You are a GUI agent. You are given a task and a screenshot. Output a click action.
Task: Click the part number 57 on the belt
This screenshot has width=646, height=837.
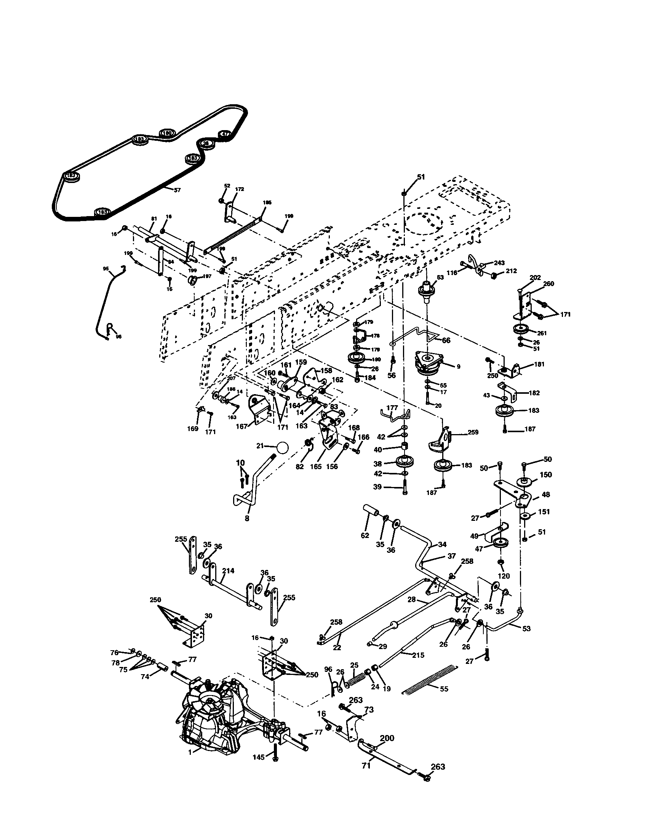click(177, 190)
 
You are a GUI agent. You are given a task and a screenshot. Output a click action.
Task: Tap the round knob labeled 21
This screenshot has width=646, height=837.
click(282, 447)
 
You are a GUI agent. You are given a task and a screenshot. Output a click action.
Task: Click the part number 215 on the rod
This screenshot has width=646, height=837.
click(418, 655)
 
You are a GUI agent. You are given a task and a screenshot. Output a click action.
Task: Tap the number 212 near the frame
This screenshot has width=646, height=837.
click(511, 271)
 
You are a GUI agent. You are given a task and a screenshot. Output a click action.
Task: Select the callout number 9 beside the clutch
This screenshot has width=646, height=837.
click(458, 366)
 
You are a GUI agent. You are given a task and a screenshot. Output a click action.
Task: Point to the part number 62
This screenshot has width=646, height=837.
click(365, 535)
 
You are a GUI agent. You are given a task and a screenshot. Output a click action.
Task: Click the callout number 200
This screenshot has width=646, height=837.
click(387, 738)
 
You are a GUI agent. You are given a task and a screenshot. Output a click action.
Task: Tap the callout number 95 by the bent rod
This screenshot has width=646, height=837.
click(106, 269)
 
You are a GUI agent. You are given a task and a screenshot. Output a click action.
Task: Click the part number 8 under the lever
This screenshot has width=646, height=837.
click(247, 518)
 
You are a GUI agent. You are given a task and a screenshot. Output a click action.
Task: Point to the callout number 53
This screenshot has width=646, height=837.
click(526, 629)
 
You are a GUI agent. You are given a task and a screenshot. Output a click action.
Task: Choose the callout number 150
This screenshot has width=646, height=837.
click(545, 474)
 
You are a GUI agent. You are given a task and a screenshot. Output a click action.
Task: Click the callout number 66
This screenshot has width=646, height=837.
click(446, 341)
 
